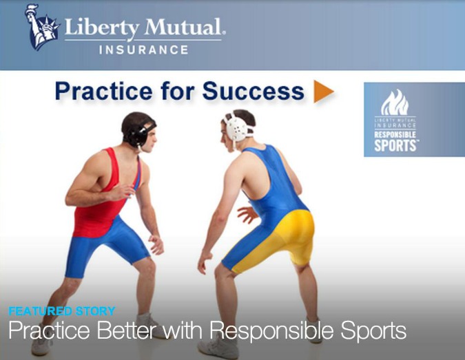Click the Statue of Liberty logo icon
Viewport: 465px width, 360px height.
coord(41,27)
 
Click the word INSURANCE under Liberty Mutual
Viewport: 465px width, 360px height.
coord(144,50)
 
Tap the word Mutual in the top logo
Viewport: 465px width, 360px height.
coord(184,28)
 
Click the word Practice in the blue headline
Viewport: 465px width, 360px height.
coord(104,91)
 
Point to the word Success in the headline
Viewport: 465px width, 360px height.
coord(253,91)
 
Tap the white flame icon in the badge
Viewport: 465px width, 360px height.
coord(395,103)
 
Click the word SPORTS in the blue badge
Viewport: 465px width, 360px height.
coord(395,145)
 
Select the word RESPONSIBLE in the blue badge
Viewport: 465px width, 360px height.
coord(395,135)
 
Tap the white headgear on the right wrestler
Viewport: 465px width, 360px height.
coord(237,127)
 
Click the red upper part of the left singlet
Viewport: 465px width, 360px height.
coord(98,202)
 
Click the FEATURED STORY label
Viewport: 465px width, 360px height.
coord(62,311)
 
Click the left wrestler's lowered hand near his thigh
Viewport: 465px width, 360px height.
coord(156,244)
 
